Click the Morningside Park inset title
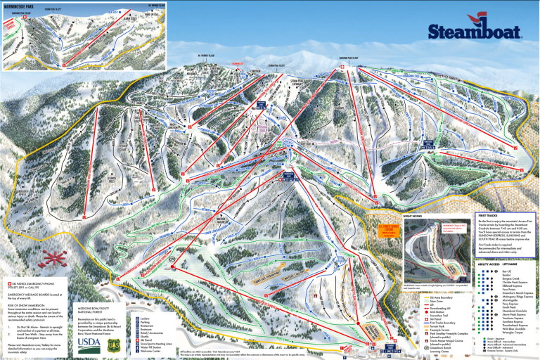tap(21, 6)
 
